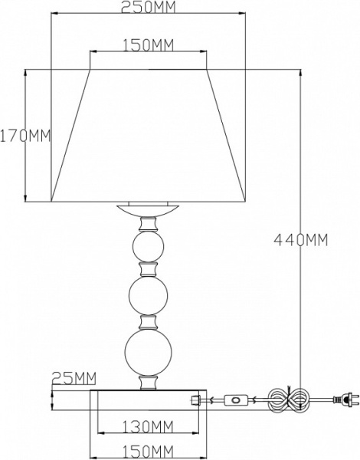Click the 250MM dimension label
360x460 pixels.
coord(148,7)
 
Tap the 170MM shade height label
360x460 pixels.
coord(25,136)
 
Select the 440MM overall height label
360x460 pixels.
coord(301,240)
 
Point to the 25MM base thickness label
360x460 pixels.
coord(74,378)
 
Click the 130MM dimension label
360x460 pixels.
coord(148,426)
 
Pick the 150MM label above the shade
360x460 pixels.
coord(148,45)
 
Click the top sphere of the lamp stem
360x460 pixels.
coord(148,246)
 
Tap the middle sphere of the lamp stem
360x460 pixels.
coord(148,296)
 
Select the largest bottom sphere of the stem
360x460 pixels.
coord(148,352)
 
